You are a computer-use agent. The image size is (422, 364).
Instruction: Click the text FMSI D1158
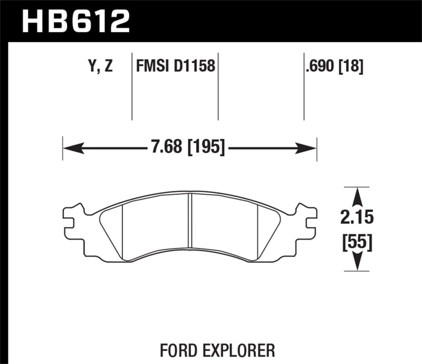175,67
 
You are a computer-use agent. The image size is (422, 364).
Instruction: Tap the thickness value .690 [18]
334,67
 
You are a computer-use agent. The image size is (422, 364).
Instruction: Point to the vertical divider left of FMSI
131,87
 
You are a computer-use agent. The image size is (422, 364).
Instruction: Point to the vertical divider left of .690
304,87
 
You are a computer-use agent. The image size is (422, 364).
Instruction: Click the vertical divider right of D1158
218,87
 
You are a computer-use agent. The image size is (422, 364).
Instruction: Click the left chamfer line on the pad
122,232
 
